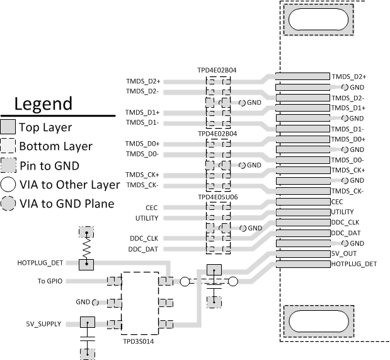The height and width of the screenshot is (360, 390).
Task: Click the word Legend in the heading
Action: (43, 104)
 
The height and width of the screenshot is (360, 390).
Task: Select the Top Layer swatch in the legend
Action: (9, 127)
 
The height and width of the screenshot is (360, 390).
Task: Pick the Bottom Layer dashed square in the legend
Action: (9, 146)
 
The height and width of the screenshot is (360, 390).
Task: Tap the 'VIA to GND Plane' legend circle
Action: (9, 204)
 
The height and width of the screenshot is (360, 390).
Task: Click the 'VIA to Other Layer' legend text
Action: (69, 185)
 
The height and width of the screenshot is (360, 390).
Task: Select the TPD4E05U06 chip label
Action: (217, 197)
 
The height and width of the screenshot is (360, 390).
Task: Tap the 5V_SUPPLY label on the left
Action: (43, 323)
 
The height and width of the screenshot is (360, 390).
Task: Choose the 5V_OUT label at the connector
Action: (344, 253)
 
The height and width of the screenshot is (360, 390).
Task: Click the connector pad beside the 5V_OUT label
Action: (302, 253)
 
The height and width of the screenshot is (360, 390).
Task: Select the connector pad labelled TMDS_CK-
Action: (302, 191)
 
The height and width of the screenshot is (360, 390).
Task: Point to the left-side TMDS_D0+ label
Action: (142, 144)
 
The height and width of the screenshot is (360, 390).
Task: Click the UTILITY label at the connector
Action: (342, 212)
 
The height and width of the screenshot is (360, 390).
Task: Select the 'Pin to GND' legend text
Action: (49, 166)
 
